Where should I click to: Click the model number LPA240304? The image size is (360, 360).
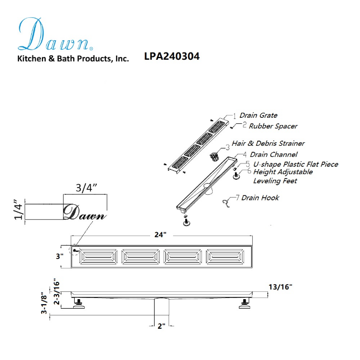[x=172, y=56]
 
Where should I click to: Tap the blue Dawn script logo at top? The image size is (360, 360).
[x=56, y=35]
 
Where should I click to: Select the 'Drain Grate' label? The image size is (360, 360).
[x=258, y=115]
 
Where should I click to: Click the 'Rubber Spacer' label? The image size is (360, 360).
[x=273, y=126]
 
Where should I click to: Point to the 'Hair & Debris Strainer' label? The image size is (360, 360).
[x=268, y=143]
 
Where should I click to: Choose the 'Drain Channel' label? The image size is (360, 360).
[x=273, y=154]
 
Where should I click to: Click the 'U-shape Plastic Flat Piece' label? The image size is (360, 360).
[x=296, y=164]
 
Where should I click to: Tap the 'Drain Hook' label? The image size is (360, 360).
[x=260, y=198]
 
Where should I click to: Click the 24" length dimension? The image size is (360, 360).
[x=160, y=234]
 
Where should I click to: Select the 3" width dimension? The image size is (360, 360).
[x=60, y=256]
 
